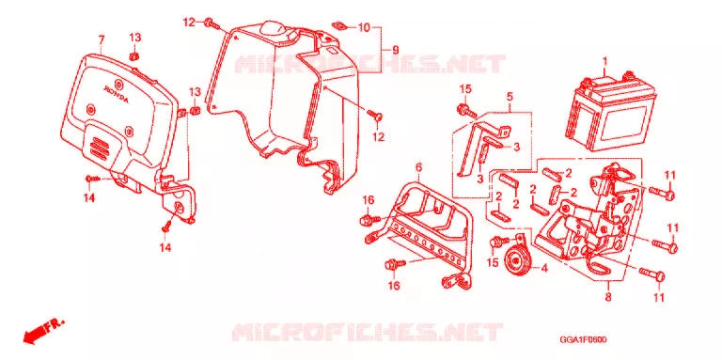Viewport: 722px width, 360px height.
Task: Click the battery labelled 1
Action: point(613,114)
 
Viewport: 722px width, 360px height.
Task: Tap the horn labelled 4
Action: point(515,262)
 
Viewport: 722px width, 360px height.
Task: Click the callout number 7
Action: point(102,40)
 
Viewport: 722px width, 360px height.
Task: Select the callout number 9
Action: point(396,50)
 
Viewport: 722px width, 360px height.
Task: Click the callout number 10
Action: point(364,27)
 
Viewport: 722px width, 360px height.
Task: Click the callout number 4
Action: point(543,268)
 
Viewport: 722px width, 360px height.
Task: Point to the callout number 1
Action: point(605,61)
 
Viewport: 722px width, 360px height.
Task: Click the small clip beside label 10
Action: point(337,25)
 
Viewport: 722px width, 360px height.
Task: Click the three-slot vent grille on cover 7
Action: point(98,145)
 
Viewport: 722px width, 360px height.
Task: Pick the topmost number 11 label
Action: point(669,175)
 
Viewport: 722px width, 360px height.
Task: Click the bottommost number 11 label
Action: point(659,298)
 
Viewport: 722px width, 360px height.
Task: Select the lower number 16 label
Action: point(394,287)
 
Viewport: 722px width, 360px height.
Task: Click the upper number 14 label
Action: point(89,198)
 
